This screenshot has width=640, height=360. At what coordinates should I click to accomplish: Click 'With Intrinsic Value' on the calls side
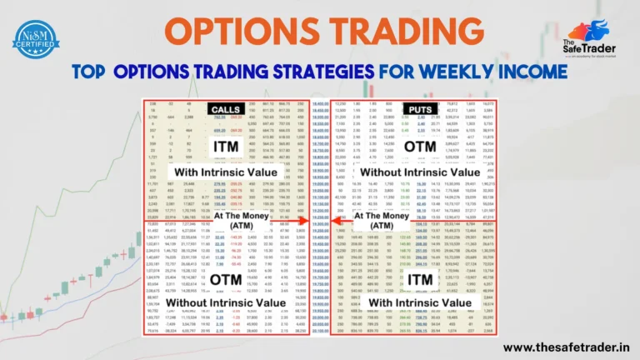(x=225, y=172)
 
